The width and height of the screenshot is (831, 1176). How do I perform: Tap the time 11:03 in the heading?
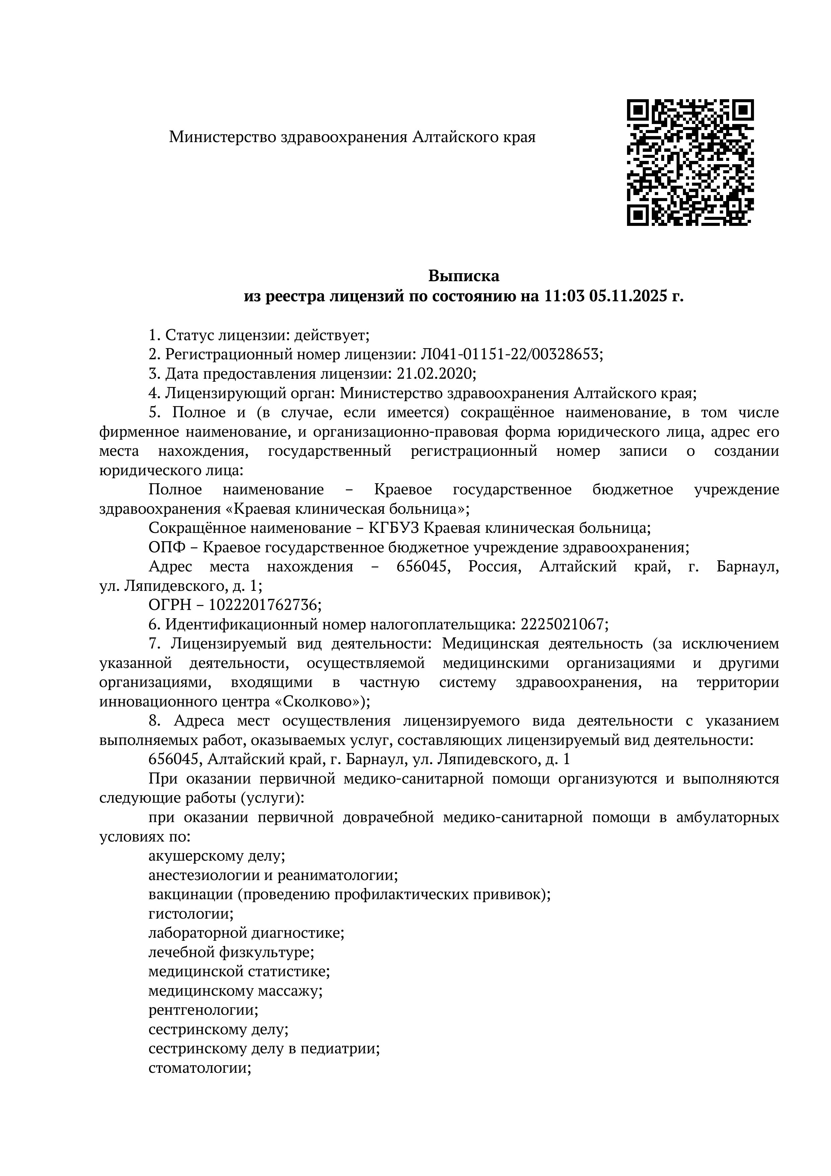coord(562,296)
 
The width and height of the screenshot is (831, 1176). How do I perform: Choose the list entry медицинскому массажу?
coord(235,991)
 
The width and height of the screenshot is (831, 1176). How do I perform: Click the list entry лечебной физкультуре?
coord(231,952)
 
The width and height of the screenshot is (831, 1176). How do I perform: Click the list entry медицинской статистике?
coord(238,971)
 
